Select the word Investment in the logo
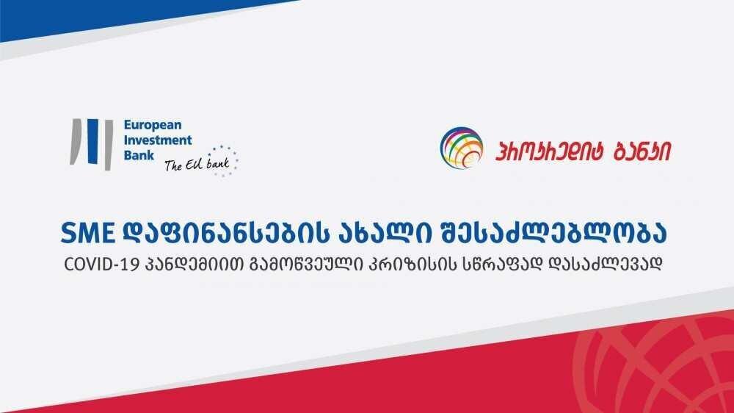click(x=158, y=140)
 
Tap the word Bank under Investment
click(x=139, y=155)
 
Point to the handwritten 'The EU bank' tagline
click(x=197, y=164)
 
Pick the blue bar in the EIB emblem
click(x=92, y=141)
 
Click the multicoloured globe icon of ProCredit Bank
click(x=462, y=148)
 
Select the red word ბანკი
click(x=642, y=151)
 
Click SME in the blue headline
click(x=87, y=233)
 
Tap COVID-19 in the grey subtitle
click(x=102, y=265)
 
